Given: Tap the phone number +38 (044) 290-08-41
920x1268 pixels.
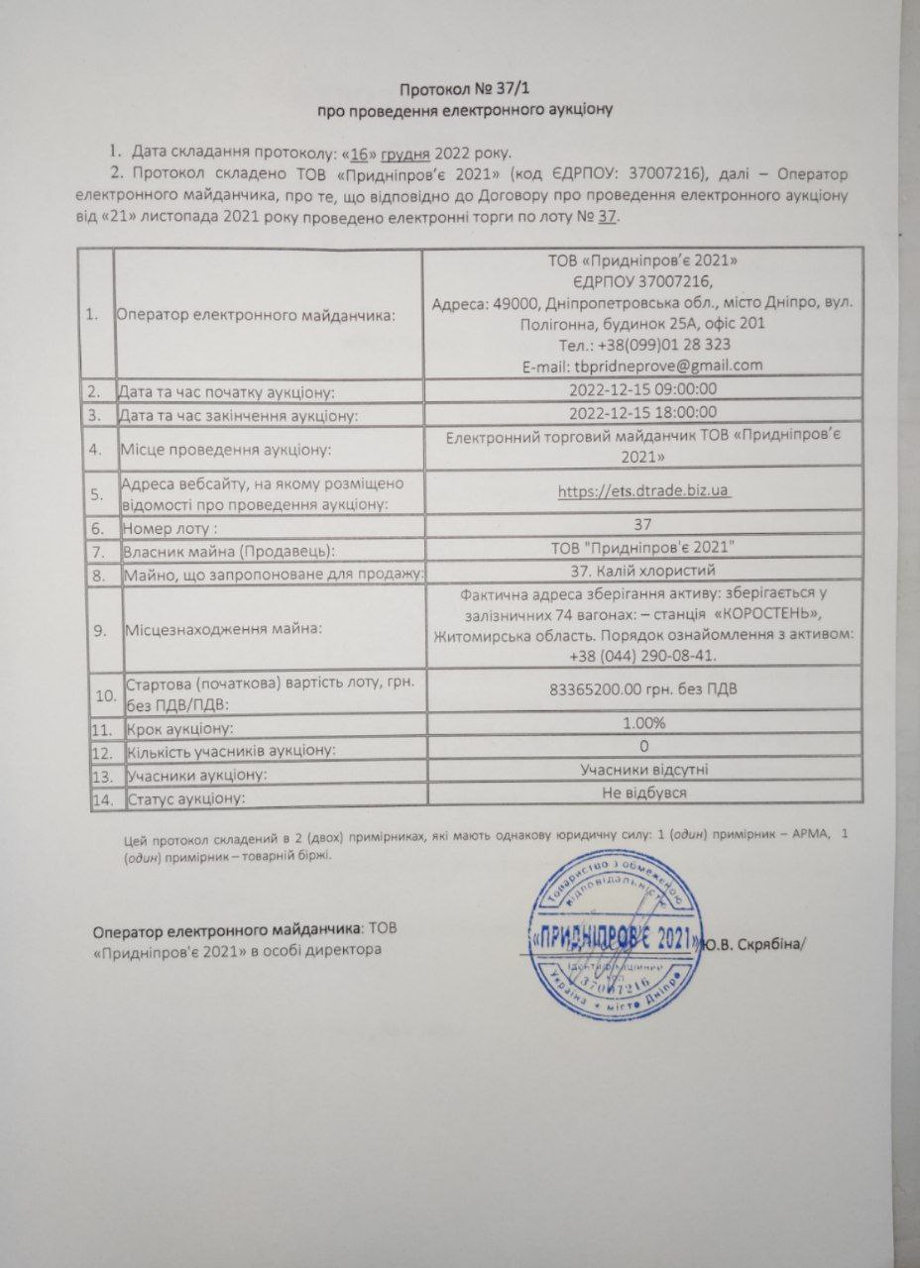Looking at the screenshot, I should pyautogui.click(x=644, y=655).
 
